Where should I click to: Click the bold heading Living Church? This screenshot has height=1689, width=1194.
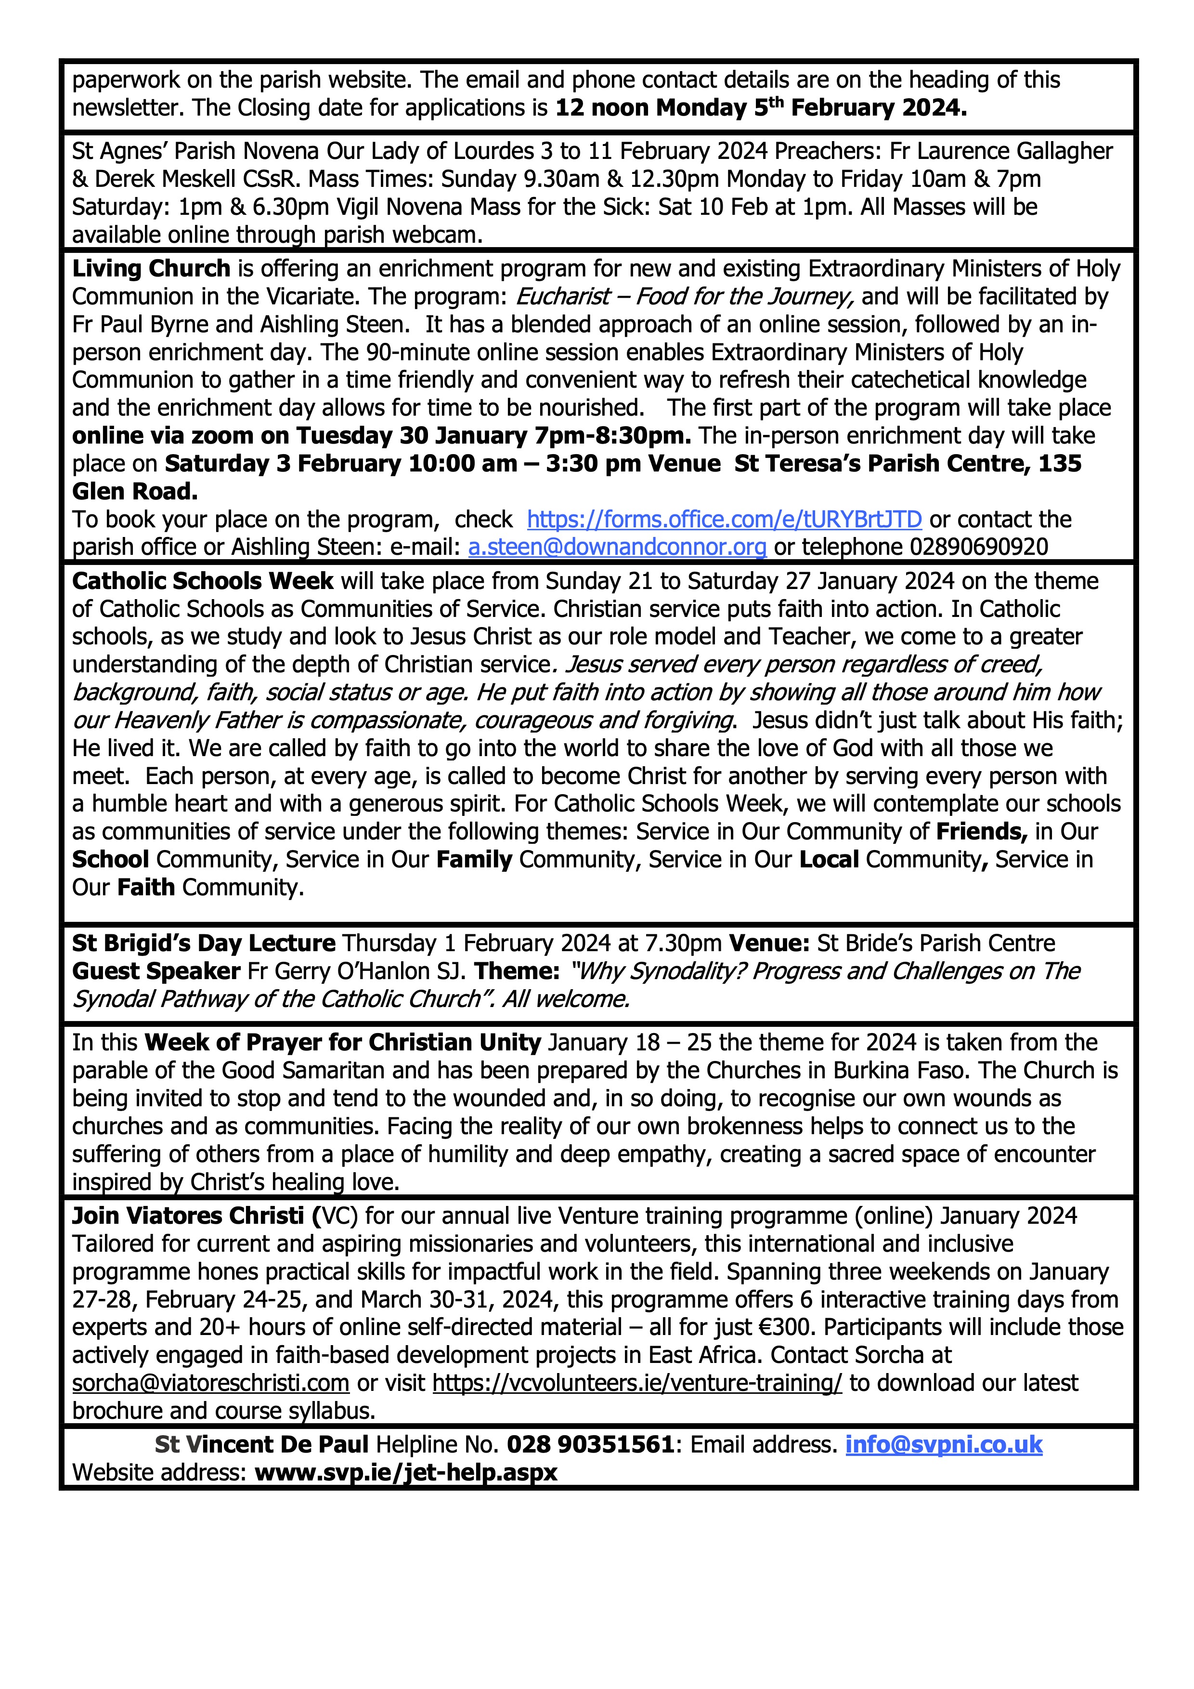[151, 269]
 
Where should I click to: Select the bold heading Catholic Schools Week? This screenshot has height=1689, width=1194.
[202, 581]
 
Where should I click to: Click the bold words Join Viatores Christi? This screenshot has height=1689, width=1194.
[188, 1216]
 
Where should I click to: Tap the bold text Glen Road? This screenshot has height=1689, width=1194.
[134, 491]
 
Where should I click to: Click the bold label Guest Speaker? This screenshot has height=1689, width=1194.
[156, 971]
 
